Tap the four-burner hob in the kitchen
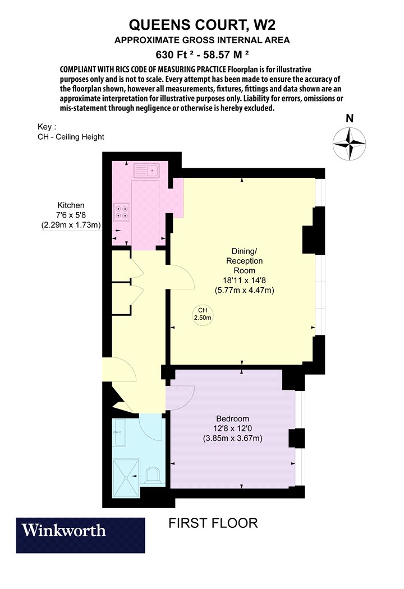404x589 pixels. [122, 212]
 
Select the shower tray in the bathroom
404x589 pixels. [126, 478]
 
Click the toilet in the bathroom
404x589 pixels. [153, 475]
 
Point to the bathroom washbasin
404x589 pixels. [120, 432]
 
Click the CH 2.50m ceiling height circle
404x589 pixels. [203, 314]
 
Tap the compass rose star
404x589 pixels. [349, 144]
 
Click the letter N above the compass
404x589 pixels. [350, 118]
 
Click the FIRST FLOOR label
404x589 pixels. [213, 523]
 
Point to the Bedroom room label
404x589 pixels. [233, 418]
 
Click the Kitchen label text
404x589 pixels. [71, 205]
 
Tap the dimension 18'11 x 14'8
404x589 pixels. [244, 280]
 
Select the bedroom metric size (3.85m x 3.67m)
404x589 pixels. [233, 438]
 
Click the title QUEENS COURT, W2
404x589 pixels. [202, 25]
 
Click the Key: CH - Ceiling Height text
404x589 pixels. [71, 132]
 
